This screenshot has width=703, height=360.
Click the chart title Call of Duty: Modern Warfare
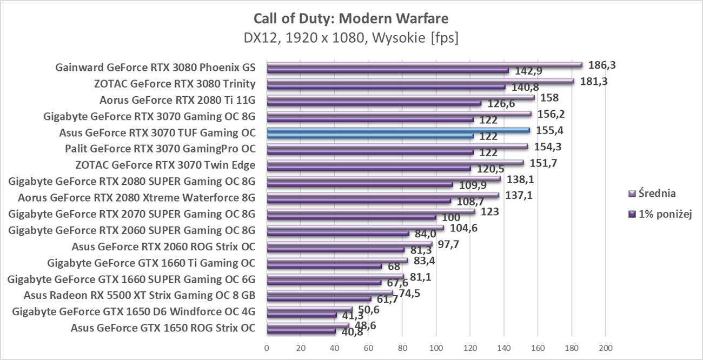tap(351, 18)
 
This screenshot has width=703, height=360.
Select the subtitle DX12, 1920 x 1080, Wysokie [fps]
tap(351, 38)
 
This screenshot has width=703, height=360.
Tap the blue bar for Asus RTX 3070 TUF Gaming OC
tap(398, 130)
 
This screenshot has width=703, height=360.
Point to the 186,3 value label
tap(602, 65)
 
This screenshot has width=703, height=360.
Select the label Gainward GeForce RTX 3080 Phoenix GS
tap(155, 68)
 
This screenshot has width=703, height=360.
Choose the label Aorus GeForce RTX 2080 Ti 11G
tap(177, 100)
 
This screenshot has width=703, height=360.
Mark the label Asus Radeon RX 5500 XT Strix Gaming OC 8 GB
tap(140, 295)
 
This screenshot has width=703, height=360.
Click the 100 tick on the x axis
tap(436, 347)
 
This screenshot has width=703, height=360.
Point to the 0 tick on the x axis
tap(267, 347)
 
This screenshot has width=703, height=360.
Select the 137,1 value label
tap(519, 195)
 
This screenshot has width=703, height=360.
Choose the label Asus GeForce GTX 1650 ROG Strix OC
tap(163, 328)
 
